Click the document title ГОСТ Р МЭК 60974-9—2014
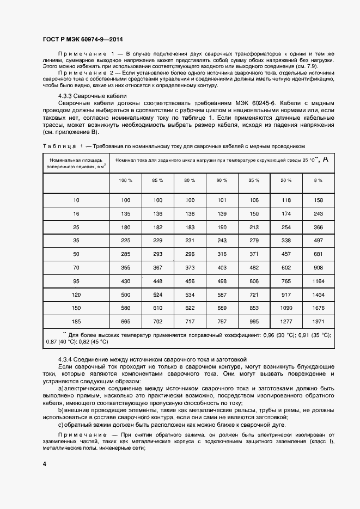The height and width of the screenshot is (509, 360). click(x=82, y=39)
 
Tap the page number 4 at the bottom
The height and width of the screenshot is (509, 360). click(x=44, y=463)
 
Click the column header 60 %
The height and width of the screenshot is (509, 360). click(x=222, y=180)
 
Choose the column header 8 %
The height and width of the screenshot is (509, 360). click(x=319, y=180)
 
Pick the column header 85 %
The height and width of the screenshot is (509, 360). click(x=158, y=180)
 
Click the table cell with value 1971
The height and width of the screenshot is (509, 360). click(x=319, y=322)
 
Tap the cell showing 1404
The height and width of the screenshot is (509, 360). click(x=319, y=294)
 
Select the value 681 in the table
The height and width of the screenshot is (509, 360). click(x=319, y=254)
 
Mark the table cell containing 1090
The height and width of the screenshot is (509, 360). click(x=286, y=308)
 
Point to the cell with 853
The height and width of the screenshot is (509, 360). click(x=254, y=308)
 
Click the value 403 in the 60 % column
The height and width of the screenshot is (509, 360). click(x=222, y=267)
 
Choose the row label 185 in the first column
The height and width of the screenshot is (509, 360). click(x=76, y=322)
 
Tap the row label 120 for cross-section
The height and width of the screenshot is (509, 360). click(x=76, y=294)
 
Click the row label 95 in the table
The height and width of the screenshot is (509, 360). click(x=76, y=280)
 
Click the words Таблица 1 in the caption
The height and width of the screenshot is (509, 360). click(x=62, y=146)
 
